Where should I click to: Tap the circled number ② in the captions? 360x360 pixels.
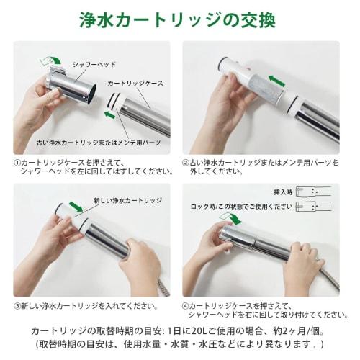point(186,163)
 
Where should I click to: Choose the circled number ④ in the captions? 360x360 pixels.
point(186,306)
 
